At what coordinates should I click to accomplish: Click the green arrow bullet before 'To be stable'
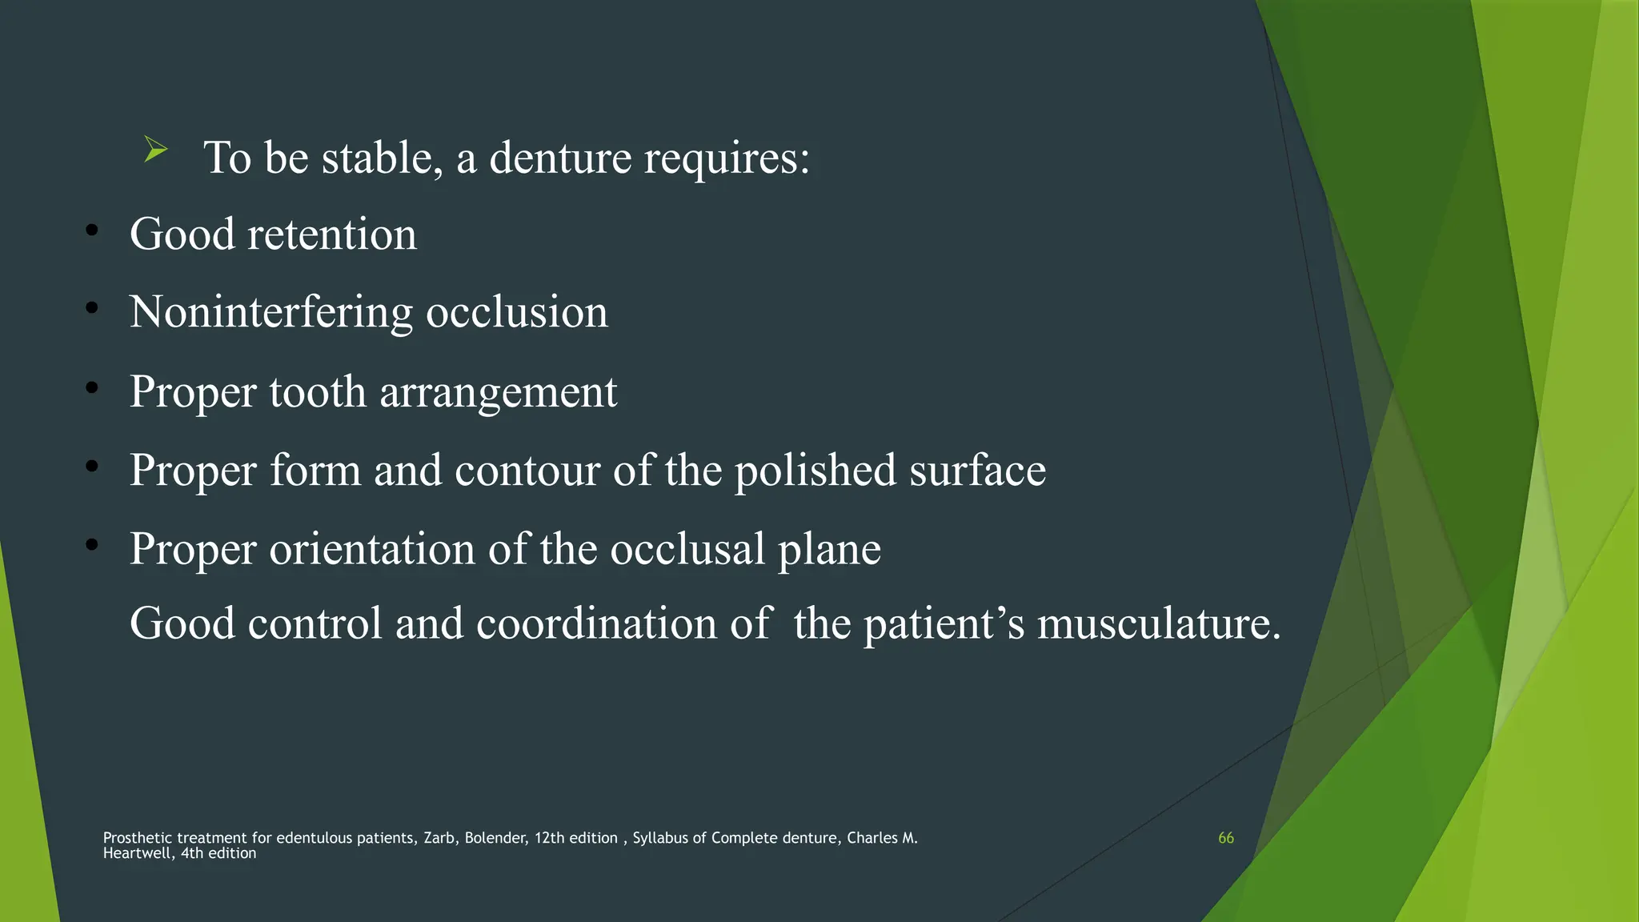155,150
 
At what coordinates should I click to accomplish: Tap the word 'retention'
331,235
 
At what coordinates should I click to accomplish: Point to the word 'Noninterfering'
270,312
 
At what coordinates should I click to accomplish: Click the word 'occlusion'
516,312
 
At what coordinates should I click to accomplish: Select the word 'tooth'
317,392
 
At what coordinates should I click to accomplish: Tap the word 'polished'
815,471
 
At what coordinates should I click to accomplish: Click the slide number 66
1225,838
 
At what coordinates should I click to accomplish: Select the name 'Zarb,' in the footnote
439,838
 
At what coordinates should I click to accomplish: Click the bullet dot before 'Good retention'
92,231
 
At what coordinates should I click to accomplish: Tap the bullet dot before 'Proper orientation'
92,545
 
